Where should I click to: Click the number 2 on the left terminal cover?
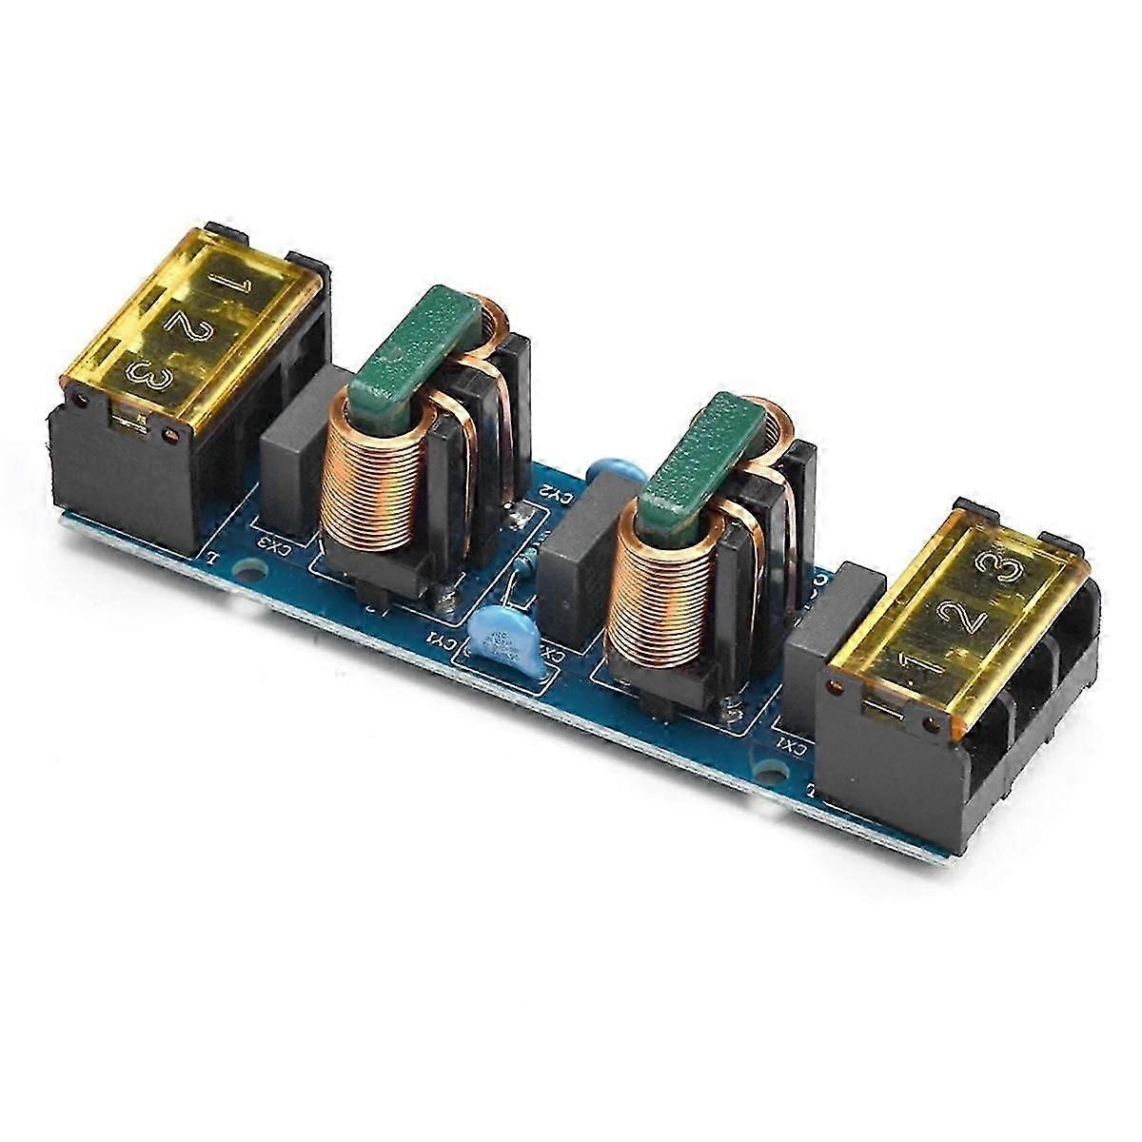183,324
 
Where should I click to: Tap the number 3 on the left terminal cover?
152,374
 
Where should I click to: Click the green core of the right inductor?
704,457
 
